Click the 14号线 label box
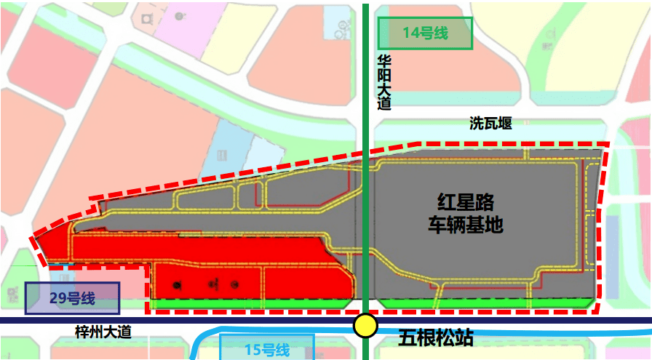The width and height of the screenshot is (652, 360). tap(425, 33)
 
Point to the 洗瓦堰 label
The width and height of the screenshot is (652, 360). tap(490, 123)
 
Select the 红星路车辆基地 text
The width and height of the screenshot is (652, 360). tap(466, 213)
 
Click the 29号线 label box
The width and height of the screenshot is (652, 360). tap(72, 298)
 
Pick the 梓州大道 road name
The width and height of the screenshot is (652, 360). tap(103, 332)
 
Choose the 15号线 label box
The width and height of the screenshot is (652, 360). tap(266, 350)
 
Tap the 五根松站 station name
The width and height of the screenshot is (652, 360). tap(436, 338)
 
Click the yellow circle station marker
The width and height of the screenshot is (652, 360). tap(365, 325)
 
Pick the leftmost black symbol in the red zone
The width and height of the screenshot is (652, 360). tap(175, 284)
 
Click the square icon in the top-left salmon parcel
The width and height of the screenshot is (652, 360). tap(148, 17)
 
